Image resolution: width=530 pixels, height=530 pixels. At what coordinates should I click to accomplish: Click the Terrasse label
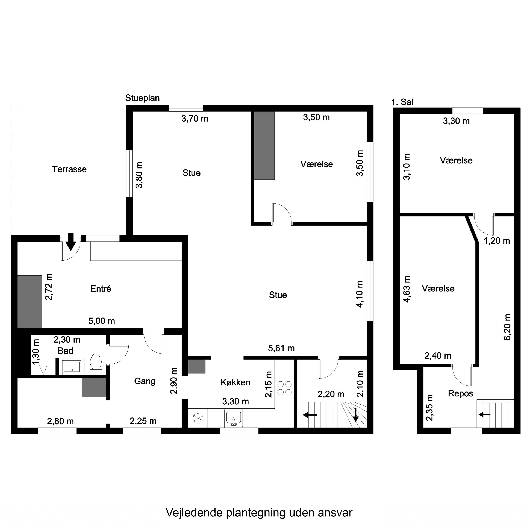pyautogui.click(x=69, y=169)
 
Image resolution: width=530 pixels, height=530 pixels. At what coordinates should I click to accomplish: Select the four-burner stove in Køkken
pyautogui.click(x=284, y=388)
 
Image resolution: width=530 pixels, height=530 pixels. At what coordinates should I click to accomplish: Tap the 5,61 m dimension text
pyautogui.click(x=281, y=348)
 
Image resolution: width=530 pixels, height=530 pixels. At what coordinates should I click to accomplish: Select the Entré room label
pyautogui.click(x=101, y=289)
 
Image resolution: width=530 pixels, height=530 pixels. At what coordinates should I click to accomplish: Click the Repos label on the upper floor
pyautogui.click(x=461, y=394)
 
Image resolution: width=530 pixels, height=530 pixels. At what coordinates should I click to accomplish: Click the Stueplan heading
pyautogui.click(x=142, y=98)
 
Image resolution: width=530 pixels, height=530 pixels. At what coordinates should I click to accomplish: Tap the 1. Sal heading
pyautogui.click(x=402, y=102)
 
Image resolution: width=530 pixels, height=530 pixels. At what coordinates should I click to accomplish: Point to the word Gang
pyautogui.click(x=145, y=381)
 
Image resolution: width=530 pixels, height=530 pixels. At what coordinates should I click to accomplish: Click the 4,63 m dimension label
pyautogui.click(x=407, y=289)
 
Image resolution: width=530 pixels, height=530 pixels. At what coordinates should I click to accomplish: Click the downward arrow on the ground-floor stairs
pyautogui.click(x=355, y=415)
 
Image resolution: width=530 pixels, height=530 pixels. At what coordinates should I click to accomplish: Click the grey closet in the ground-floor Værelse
pyautogui.click(x=264, y=145)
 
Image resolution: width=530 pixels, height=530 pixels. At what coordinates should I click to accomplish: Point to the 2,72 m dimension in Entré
pyautogui.click(x=49, y=287)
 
